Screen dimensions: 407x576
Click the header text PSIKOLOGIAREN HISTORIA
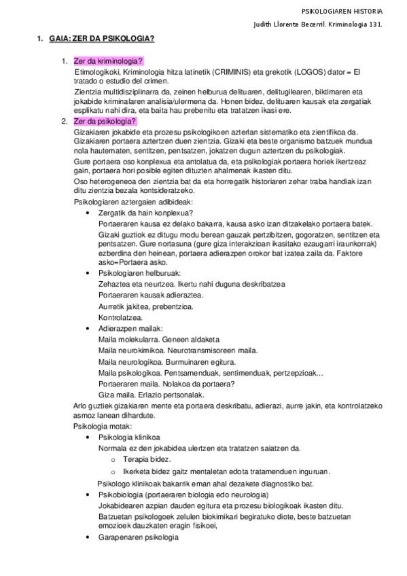(x=342, y=12)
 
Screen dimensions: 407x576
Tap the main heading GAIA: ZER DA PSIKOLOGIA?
(x=101, y=39)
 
